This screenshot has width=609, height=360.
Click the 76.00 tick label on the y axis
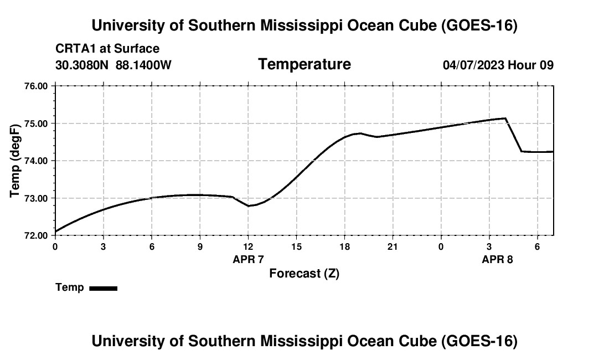click(x=36, y=86)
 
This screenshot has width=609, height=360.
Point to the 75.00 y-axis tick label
click(x=36, y=124)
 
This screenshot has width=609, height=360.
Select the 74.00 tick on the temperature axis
click(x=36, y=161)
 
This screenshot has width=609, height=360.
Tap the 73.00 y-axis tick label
click(x=36, y=198)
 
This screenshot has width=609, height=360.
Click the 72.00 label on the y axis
click(x=36, y=236)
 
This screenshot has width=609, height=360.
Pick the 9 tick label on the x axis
click(x=200, y=246)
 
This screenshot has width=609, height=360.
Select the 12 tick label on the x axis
click(x=248, y=246)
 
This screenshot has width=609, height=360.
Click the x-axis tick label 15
click(x=296, y=246)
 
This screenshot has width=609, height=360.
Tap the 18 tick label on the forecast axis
click(x=344, y=246)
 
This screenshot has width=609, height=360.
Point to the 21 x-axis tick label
click(x=393, y=246)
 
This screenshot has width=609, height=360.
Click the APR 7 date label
click(x=248, y=259)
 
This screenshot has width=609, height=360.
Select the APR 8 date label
click(x=497, y=259)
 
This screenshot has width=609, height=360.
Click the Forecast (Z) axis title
click(x=304, y=274)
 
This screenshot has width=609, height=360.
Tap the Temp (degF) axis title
click(x=15, y=161)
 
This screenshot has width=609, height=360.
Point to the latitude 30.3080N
click(x=82, y=65)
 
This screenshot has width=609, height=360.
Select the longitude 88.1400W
click(x=143, y=65)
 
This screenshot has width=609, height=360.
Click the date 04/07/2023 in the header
click(x=473, y=65)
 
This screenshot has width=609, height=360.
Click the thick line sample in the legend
click(x=104, y=288)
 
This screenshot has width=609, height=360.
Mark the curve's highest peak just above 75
click(x=505, y=118)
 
